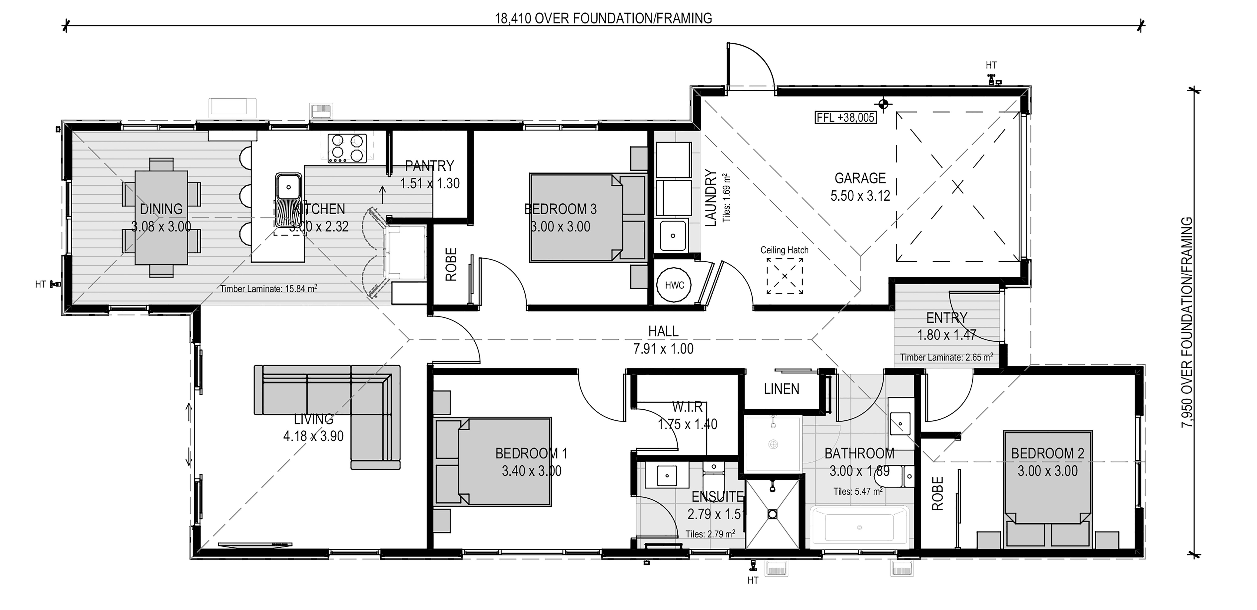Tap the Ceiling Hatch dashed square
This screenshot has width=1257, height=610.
pyautogui.click(x=785, y=276)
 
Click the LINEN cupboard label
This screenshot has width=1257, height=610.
pyautogui.click(x=782, y=389)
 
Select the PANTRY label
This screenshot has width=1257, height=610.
pyautogui.click(x=429, y=166)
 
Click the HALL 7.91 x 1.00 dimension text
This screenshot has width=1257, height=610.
pyautogui.click(x=663, y=349)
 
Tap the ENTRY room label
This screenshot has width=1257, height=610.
pyautogui.click(x=947, y=318)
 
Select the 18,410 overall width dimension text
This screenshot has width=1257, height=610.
pyautogui.click(x=603, y=19)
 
